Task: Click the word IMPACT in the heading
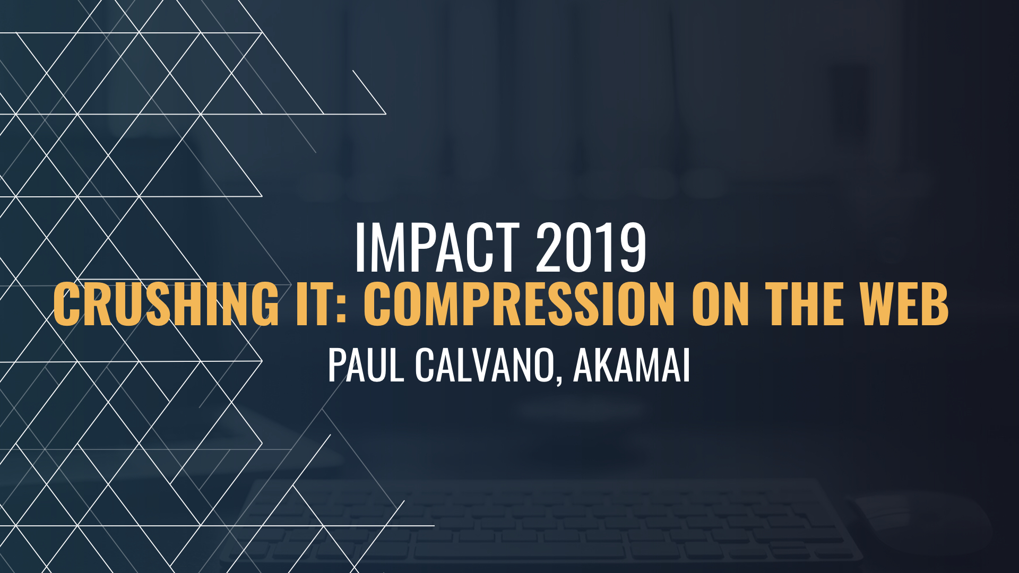click(437, 248)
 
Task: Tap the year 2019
click(591, 248)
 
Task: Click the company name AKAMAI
click(632, 366)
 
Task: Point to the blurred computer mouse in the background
click(923, 523)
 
